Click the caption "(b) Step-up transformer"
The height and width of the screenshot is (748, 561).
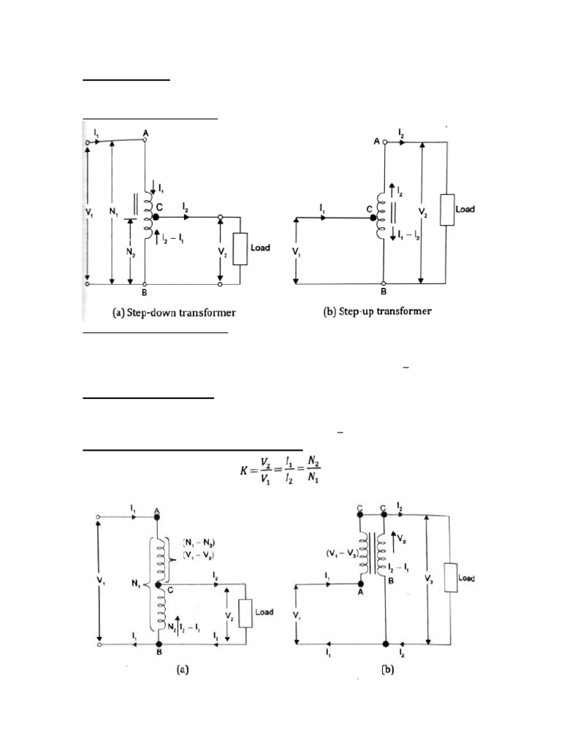point(378,311)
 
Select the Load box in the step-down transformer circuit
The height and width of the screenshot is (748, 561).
point(240,248)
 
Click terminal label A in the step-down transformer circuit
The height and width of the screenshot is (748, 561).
point(145,133)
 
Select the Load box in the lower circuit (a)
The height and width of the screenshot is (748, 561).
point(245,612)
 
